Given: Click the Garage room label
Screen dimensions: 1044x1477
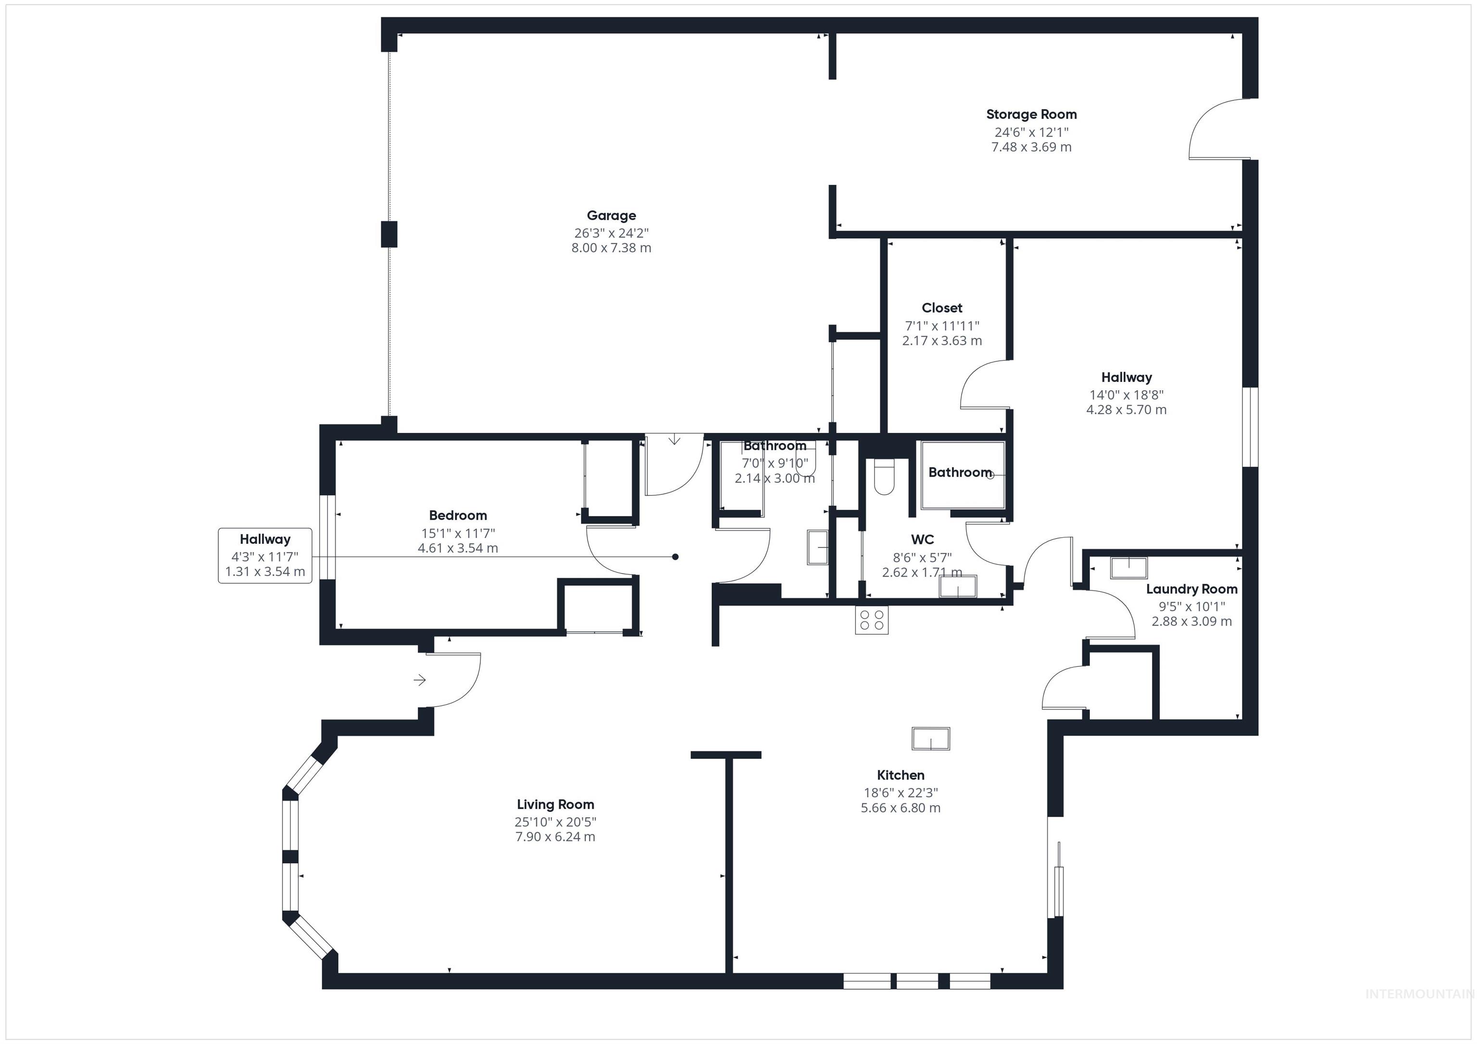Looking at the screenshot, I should [x=611, y=215].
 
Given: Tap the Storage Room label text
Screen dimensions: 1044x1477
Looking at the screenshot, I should [x=1031, y=114].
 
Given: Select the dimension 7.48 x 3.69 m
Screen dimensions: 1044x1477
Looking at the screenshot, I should [x=1031, y=147].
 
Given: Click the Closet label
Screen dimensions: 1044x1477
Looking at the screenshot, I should [x=942, y=308].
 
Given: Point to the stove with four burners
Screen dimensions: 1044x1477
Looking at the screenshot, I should [x=872, y=620].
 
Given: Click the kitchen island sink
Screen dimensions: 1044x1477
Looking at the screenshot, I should [x=931, y=738].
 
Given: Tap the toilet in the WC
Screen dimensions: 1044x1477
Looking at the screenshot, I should [x=884, y=477].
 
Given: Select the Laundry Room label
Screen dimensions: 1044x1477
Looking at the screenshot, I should [x=1191, y=589].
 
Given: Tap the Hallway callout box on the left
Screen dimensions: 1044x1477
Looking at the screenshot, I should [x=265, y=555].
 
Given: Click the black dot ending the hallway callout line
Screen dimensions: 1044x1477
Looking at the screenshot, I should [x=675, y=557].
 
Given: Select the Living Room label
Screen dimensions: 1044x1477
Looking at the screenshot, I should [x=555, y=804].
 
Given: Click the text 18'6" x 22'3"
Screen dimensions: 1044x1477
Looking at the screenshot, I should [x=901, y=793].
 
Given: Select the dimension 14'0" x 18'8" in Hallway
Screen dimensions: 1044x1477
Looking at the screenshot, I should [x=1126, y=395].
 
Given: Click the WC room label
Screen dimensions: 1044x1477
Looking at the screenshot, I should [x=922, y=540].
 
